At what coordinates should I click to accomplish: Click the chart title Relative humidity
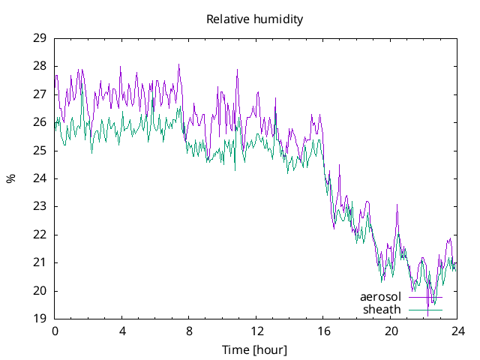pyautogui.click(x=255, y=19)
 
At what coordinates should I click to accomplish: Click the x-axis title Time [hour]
pyautogui.click(x=255, y=349)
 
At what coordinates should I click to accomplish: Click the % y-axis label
pyautogui.click(x=10, y=178)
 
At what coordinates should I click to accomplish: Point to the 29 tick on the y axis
pyautogui.click(x=40, y=38)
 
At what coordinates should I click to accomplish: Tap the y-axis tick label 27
pyautogui.click(x=40, y=94)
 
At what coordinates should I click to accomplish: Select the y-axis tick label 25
pyautogui.click(x=40, y=151)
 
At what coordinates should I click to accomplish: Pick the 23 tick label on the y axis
pyautogui.click(x=40, y=206)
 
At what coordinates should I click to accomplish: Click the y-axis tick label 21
pyautogui.click(x=40, y=262)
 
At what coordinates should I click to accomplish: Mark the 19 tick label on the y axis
pyautogui.click(x=40, y=319)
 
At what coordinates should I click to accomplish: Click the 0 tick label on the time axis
pyautogui.click(x=55, y=331)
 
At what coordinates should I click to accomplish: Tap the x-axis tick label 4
pyautogui.click(x=122, y=331)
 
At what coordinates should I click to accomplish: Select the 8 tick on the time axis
pyautogui.click(x=189, y=331)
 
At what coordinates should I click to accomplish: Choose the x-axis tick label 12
pyautogui.click(x=256, y=331)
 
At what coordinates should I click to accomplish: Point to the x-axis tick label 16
pyautogui.click(x=323, y=331)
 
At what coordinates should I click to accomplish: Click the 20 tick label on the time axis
pyautogui.click(x=391, y=331)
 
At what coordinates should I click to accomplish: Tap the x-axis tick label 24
pyautogui.click(x=457, y=331)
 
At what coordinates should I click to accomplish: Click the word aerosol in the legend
pyautogui.click(x=381, y=297)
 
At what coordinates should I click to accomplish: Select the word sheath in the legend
pyautogui.click(x=382, y=309)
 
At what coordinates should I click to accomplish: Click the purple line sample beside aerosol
pyautogui.click(x=425, y=298)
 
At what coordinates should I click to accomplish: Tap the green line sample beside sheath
pyautogui.click(x=425, y=309)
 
